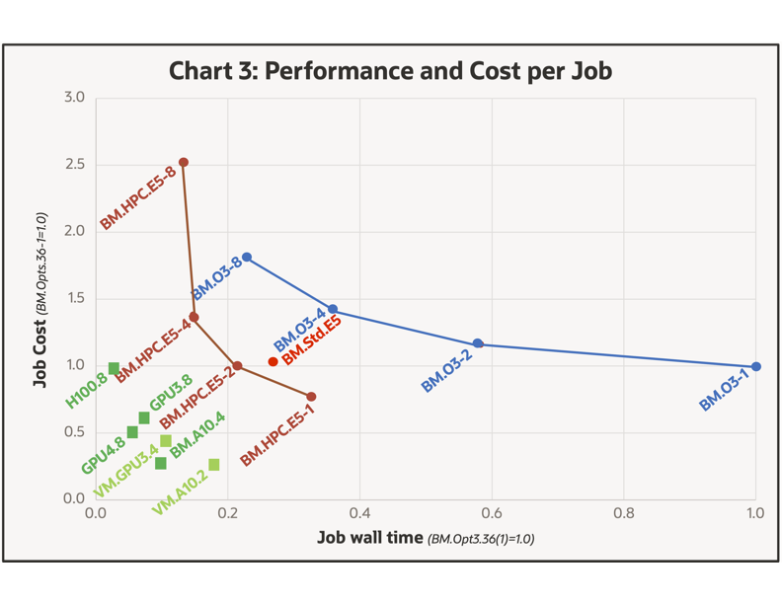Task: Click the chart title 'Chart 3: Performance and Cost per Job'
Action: click(390, 71)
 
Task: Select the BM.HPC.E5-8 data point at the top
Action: click(184, 163)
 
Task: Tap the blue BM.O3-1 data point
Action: click(756, 367)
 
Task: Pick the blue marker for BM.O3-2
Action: click(478, 343)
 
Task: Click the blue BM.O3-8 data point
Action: click(247, 258)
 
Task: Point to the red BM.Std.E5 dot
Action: click(274, 362)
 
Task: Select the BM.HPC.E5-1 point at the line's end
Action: click(312, 397)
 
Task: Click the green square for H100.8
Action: click(114, 368)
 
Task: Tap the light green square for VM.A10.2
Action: click(214, 465)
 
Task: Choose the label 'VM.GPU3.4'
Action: click(125, 471)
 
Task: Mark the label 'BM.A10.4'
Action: click(197, 435)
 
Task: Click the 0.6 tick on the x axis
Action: click(492, 513)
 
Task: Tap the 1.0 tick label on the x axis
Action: click(755, 513)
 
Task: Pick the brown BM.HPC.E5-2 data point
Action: click(237, 366)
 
